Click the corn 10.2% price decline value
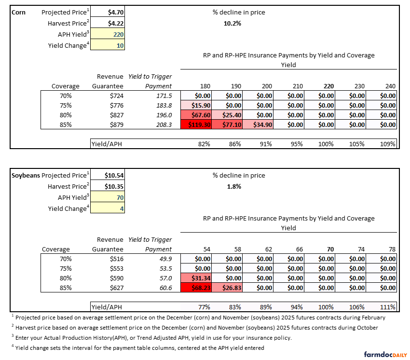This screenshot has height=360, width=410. click(232, 23)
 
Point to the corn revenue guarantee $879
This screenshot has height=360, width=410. click(117, 125)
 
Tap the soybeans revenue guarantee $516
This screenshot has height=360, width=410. click(117, 259)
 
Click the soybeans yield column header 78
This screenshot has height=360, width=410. click(390, 249)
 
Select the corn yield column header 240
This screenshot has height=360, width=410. click(390, 86)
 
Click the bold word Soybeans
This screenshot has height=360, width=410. click(26, 175)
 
